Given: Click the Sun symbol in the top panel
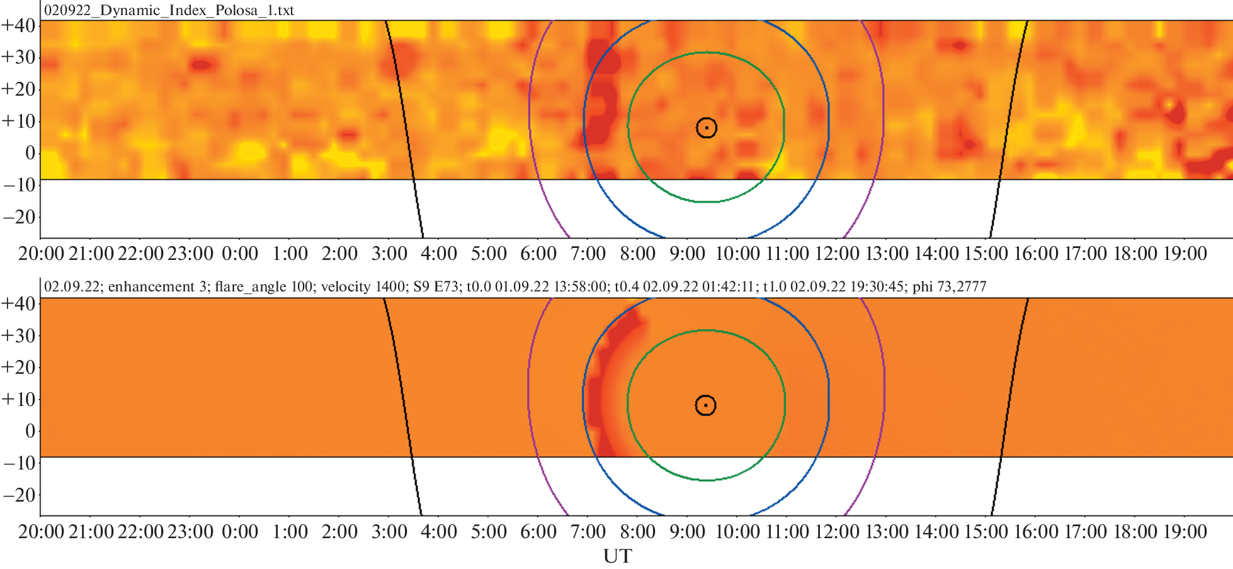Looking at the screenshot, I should point(707,128).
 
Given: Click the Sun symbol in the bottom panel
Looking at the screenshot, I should point(706,405).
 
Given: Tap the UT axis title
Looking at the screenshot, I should point(617,556).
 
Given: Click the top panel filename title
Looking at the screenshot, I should point(169,11).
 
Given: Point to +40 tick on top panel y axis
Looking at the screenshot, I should point(18,25).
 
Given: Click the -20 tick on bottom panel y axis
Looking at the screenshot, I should point(19,495).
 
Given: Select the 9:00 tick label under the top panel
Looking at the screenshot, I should point(687,254).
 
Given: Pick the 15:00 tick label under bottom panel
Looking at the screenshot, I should point(986,532).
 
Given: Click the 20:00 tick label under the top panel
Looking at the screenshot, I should point(41,254).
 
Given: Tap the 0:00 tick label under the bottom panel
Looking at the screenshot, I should point(240,532).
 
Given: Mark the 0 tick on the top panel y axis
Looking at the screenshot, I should point(30,152).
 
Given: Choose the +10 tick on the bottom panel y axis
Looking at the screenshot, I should point(18,399).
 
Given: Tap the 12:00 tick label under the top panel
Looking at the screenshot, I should point(837,254).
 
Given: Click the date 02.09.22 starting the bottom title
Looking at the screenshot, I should point(72,287).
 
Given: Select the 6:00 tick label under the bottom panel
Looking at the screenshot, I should point(538,532).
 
